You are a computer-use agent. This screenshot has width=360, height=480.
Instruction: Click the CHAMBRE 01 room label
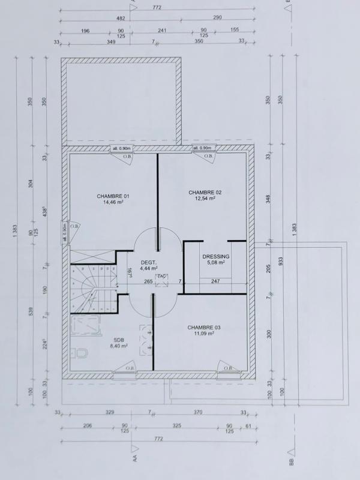[x=113, y=196]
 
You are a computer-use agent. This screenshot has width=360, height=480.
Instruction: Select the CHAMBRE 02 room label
[x=205, y=192]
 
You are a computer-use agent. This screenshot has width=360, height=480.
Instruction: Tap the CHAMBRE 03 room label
[x=204, y=327]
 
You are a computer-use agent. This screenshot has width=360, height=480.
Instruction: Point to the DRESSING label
[x=216, y=256]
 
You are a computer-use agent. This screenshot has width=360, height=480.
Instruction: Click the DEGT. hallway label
[x=148, y=262]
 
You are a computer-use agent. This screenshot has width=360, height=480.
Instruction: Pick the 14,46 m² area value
[x=113, y=203]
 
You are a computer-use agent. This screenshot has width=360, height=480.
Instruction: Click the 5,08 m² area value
[x=216, y=263]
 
